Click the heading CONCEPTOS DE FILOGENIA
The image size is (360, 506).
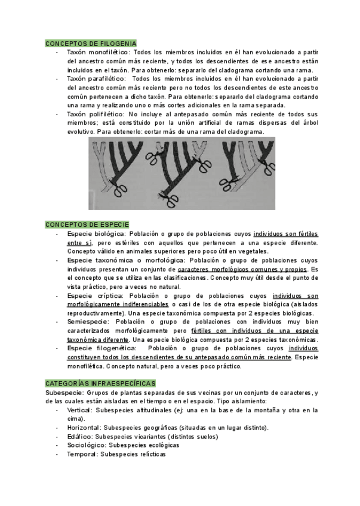91,44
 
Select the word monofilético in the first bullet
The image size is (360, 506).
107,53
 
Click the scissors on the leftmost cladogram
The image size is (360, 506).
120,191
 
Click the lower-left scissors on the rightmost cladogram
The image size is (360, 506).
229,182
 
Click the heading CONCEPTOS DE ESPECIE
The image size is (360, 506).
87,224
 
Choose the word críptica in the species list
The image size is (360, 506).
109,295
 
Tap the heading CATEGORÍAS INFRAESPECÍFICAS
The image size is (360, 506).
100,383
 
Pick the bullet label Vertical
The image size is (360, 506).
79,410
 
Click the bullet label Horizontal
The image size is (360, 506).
83,427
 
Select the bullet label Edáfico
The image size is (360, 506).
79,436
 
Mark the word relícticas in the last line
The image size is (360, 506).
150,454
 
